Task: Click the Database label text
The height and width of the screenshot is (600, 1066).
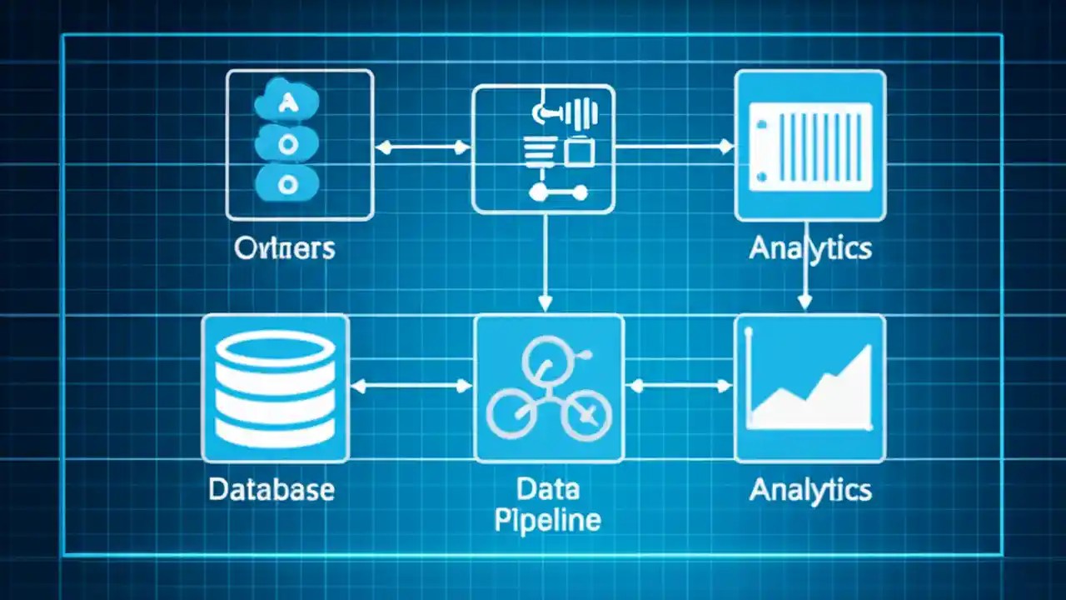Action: click(x=271, y=489)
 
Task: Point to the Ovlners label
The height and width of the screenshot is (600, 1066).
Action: click(x=285, y=248)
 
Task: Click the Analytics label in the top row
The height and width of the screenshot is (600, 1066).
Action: click(x=809, y=248)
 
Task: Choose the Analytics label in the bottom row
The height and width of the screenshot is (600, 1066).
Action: click(x=809, y=489)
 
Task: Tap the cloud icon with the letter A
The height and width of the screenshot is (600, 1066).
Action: click(x=286, y=104)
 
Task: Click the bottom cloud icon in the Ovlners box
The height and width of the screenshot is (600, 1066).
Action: click(x=286, y=182)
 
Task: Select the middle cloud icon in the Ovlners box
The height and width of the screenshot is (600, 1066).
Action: click(x=286, y=143)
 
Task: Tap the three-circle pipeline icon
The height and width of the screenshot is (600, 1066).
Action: click(x=548, y=390)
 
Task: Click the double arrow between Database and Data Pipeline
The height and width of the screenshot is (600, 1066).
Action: click(x=411, y=386)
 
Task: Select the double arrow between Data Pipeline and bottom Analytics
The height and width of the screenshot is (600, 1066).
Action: click(x=679, y=386)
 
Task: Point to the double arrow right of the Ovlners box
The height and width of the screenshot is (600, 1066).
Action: click(x=422, y=148)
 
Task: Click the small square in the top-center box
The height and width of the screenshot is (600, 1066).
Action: click(x=579, y=152)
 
